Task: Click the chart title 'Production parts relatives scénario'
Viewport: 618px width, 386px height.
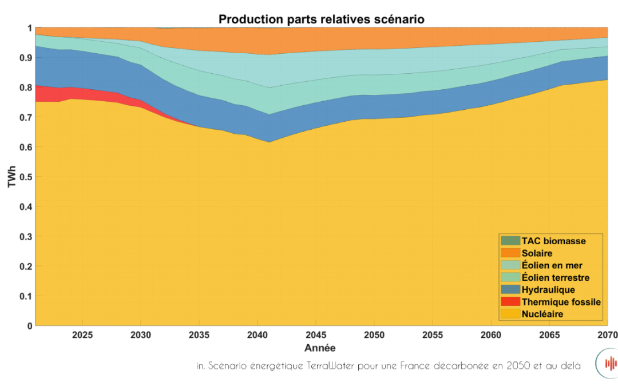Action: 321,19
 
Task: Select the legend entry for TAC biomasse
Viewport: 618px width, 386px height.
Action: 553,241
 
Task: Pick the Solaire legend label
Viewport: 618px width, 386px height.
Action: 537,253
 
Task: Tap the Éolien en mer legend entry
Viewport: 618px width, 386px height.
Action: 552,265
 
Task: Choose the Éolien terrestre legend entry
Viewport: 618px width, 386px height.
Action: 555,277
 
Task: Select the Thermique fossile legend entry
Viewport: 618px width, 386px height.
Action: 561,301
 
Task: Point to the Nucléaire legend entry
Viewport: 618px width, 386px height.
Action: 542,313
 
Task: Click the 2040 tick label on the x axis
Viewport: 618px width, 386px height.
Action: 256,334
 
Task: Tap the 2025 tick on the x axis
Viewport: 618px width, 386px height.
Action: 82,334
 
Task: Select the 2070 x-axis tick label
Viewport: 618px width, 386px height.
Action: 607,334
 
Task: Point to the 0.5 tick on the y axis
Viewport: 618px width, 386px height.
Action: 25,177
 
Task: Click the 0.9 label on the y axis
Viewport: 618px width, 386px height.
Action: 25,58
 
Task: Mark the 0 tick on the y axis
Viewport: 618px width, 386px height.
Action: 29,325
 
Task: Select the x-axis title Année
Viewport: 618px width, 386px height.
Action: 321,347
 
